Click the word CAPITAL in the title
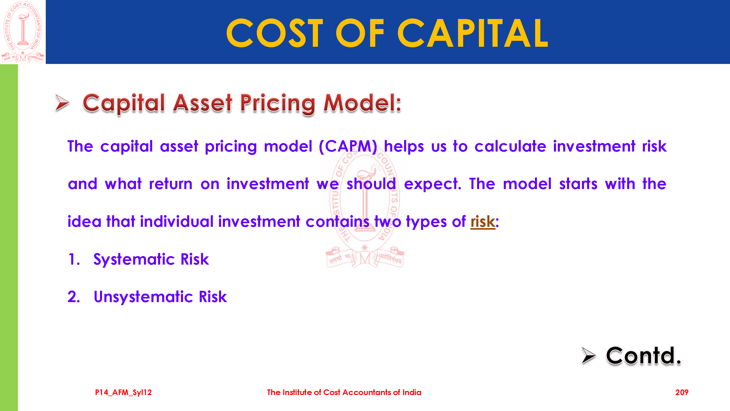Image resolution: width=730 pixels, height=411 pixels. [x=473, y=33]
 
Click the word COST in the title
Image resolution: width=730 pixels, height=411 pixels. [x=275, y=33]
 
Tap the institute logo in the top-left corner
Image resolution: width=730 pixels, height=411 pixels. [x=23, y=32]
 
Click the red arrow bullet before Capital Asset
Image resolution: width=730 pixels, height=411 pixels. [x=62, y=102]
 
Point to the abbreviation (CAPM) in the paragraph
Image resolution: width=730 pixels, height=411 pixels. [x=348, y=146]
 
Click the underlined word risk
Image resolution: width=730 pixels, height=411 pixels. [x=483, y=221]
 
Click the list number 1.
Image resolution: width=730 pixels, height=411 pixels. [x=74, y=259]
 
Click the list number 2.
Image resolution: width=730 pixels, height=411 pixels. [x=74, y=297]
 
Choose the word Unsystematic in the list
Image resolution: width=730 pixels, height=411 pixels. [x=143, y=297]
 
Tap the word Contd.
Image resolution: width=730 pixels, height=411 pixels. [x=643, y=356]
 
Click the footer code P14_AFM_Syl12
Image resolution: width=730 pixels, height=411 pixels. [x=123, y=392]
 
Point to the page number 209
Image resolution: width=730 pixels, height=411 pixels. [x=681, y=392]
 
